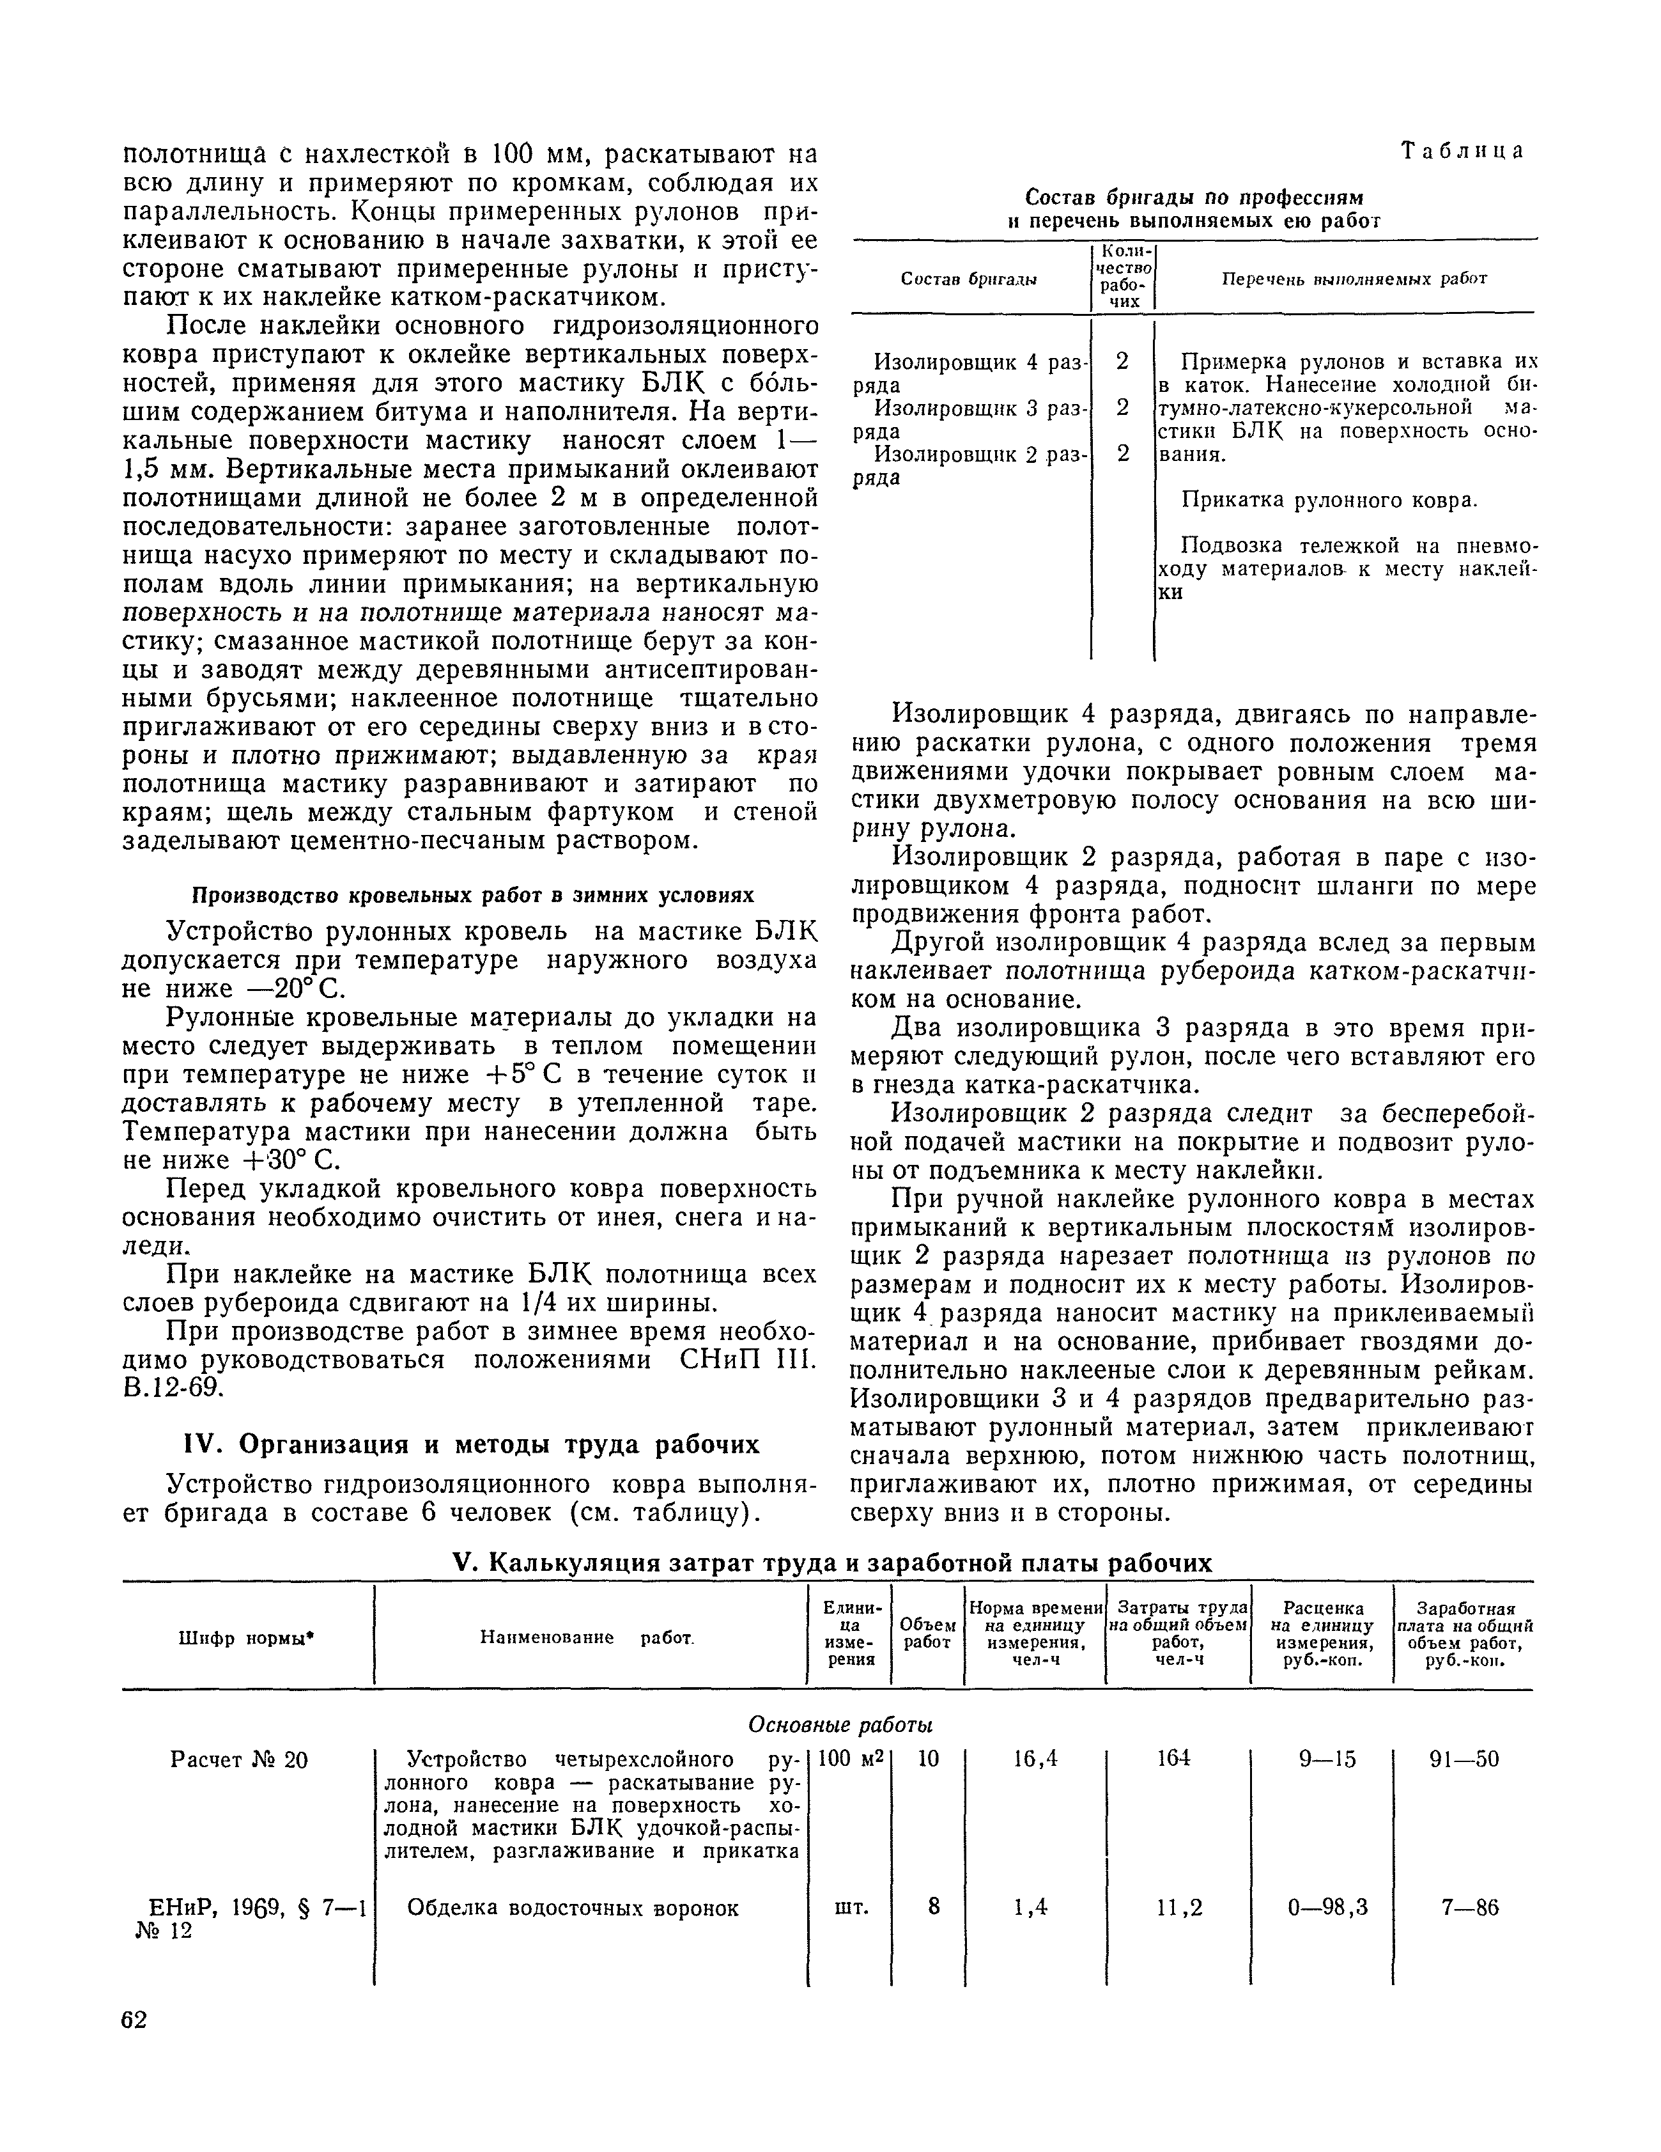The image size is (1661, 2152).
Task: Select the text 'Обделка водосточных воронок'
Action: pos(573,1908)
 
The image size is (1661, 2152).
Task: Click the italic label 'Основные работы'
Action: pos(840,1724)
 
